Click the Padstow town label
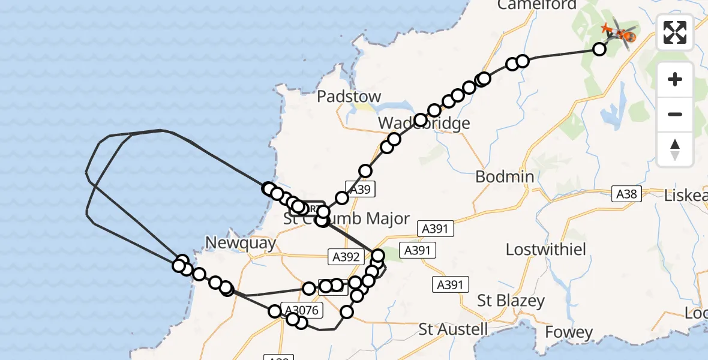pos(349,97)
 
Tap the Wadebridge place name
pos(424,124)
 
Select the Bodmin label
pos(505,177)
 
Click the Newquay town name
pos(240,243)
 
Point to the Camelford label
pos(536,5)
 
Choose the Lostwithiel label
pos(546,250)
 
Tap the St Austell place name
pos(454,329)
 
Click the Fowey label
pos(569,332)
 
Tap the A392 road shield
pos(346,257)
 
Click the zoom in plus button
pos(675,79)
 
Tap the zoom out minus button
pos(675,114)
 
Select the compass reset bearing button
pos(675,149)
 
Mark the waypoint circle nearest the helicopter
pos(599,49)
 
